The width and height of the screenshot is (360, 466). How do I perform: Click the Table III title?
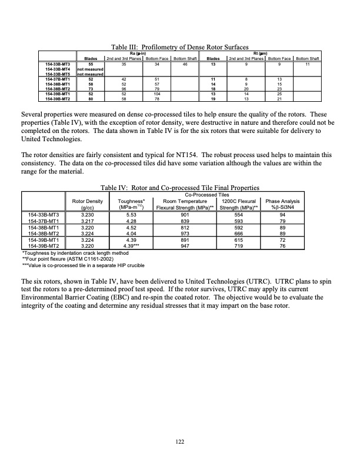point(181,47)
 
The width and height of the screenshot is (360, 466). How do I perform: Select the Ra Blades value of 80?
point(91,99)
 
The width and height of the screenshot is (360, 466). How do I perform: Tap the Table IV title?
point(181,188)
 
